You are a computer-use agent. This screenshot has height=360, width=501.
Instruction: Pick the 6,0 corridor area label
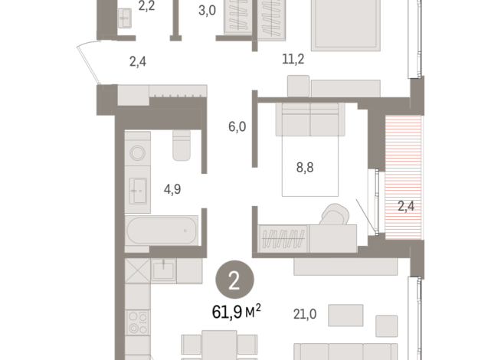tap(237, 127)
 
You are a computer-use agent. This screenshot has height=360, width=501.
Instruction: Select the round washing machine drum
tap(139, 152)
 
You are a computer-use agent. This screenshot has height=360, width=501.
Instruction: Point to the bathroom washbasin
tap(139, 188)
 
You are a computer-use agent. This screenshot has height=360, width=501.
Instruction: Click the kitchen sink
tap(162, 269)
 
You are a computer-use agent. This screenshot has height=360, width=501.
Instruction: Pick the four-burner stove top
tap(139, 322)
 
